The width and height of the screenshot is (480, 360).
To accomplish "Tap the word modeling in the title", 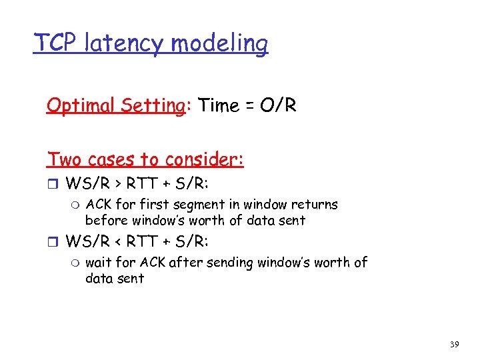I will coord(220,44).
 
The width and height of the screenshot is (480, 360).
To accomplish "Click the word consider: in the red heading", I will coord(205,159).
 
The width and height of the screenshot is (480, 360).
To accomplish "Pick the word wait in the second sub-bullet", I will coord(99,263).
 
